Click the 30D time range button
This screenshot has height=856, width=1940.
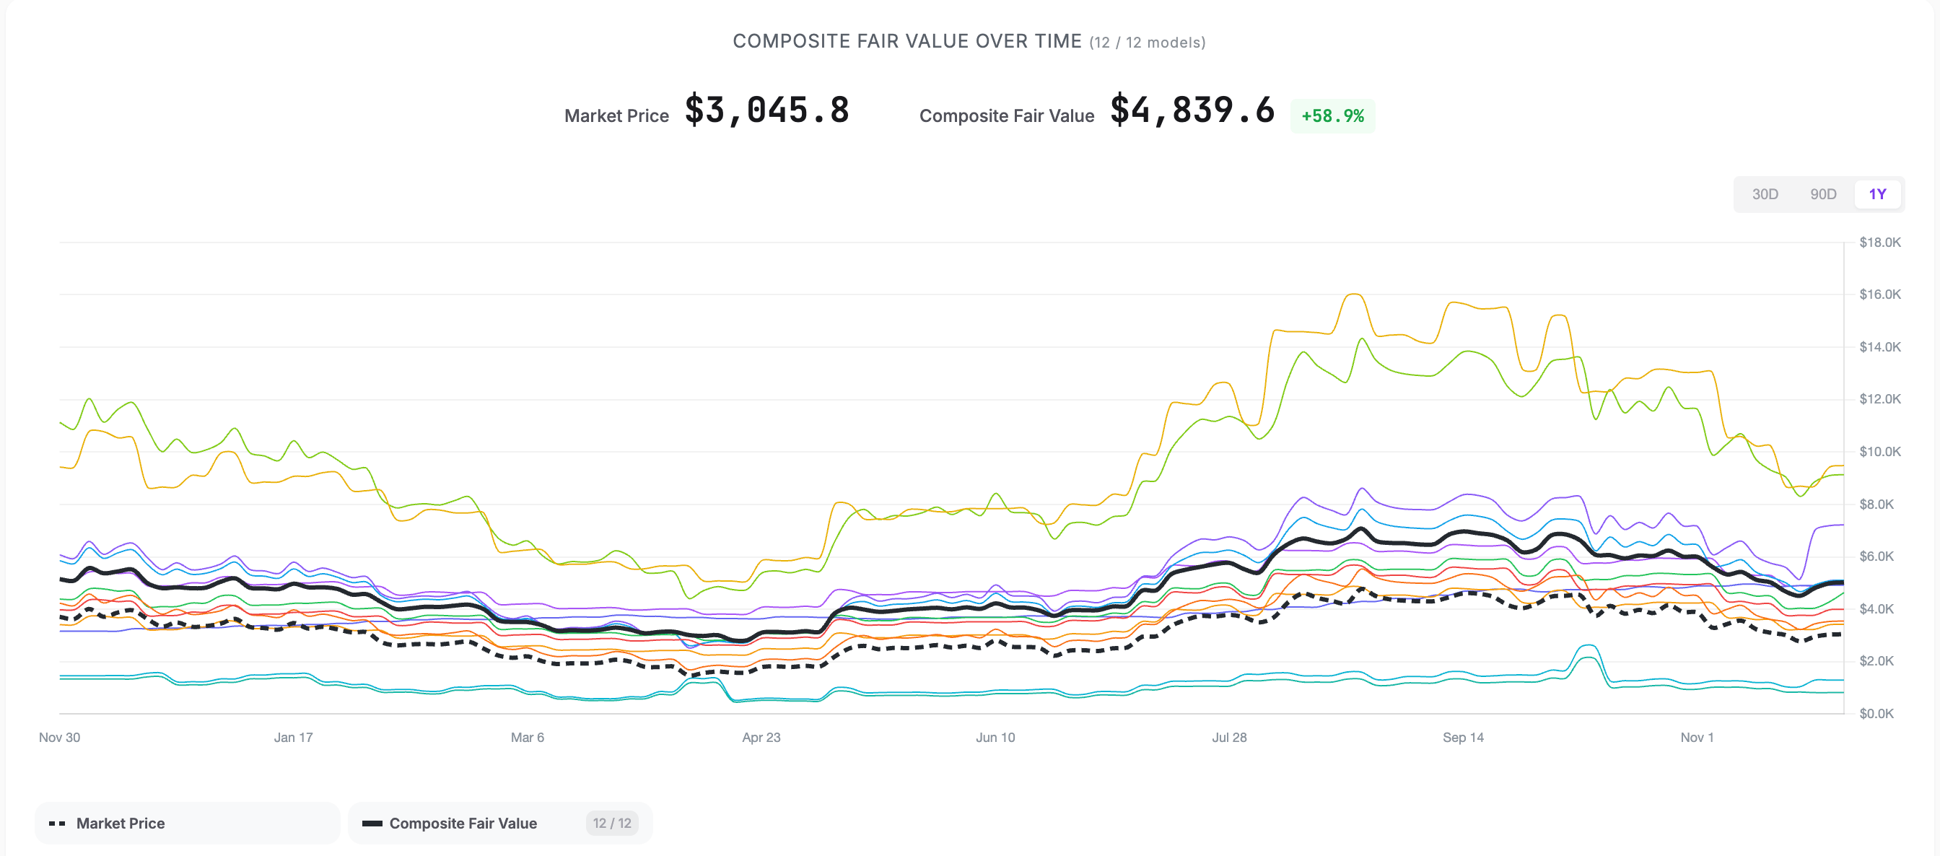pyautogui.click(x=1765, y=194)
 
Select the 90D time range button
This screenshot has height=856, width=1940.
pyautogui.click(x=1822, y=194)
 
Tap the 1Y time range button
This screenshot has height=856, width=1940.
pyautogui.click(x=1876, y=194)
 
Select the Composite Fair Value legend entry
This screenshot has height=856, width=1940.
pyautogui.click(x=463, y=823)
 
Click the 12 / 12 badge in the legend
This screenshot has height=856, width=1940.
pyautogui.click(x=611, y=823)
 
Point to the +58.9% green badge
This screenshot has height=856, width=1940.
pyautogui.click(x=1332, y=116)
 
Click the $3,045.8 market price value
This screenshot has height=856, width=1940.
pyautogui.click(x=766, y=111)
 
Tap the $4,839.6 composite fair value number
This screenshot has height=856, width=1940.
pyautogui.click(x=1192, y=111)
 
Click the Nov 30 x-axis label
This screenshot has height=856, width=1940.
pyautogui.click(x=59, y=737)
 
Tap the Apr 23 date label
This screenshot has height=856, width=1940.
pyautogui.click(x=761, y=737)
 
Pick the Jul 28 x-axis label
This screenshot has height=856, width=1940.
pyautogui.click(x=1229, y=737)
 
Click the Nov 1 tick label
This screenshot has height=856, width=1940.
pyautogui.click(x=1696, y=737)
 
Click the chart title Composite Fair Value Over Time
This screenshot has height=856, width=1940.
pyautogui.click(x=906, y=41)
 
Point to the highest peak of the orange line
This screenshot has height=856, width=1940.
pyautogui.click(x=1353, y=294)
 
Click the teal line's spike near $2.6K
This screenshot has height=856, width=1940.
pyautogui.click(x=1589, y=645)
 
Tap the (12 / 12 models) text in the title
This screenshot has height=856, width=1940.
pyautogui.click(x=1147, y=43)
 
